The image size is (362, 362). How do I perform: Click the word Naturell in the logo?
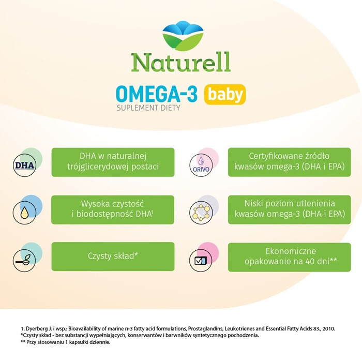181,62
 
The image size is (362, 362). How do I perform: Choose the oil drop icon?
25,210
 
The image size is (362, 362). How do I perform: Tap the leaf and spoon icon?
25,257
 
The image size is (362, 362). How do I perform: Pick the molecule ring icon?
202,210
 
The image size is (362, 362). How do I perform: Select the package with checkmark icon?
202,257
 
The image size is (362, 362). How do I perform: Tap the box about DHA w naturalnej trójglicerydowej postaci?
113,162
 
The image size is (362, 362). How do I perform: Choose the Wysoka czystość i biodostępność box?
113,209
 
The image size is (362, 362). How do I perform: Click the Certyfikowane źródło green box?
289,162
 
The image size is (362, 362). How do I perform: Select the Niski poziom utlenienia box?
289,209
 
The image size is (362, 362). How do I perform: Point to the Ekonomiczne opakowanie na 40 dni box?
289,257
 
